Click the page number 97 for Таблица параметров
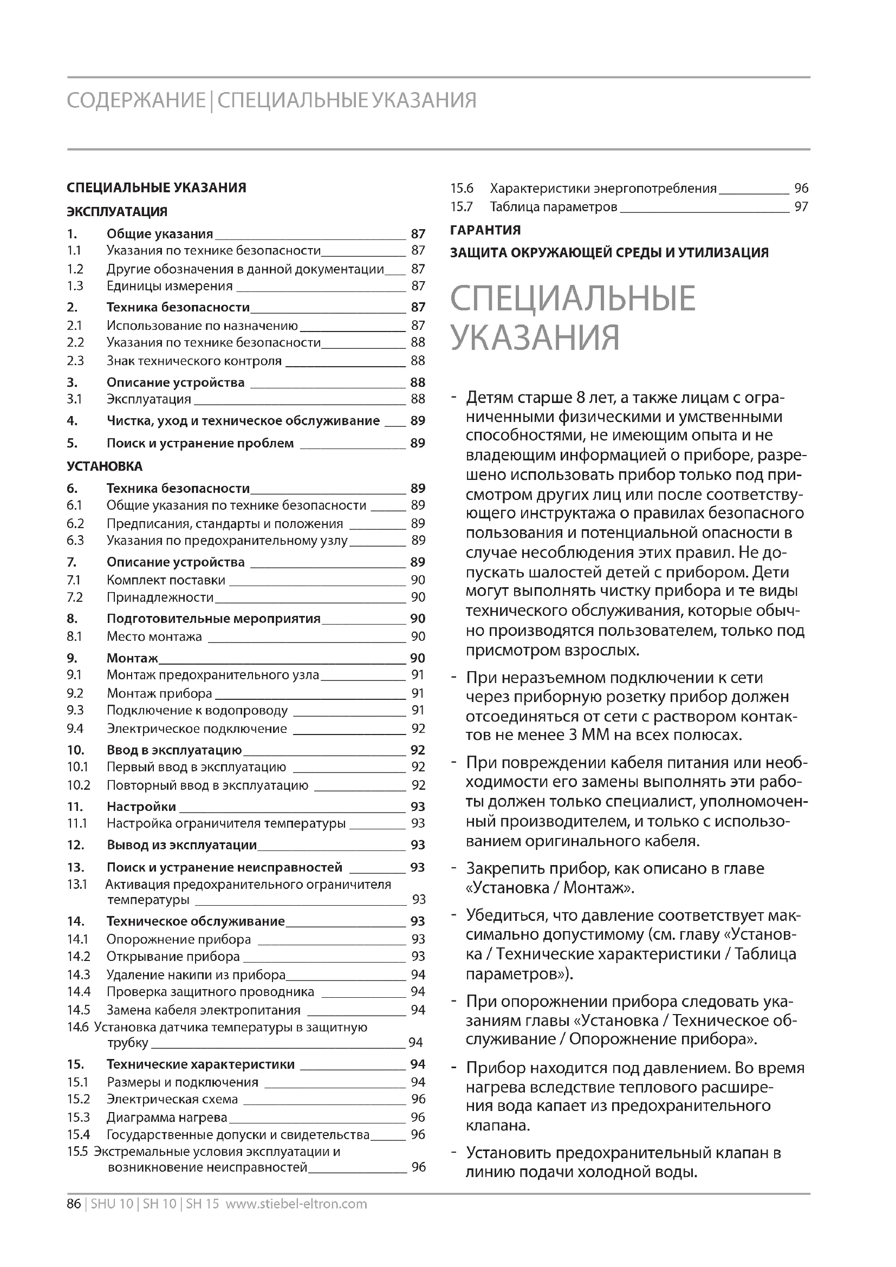(x=801, y=207)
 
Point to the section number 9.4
(x=75, y=729)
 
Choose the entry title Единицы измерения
(x=170, y=286)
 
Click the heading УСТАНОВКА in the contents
(x=105, y=466)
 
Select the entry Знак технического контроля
(x=194, y=361)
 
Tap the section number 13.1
(x=77, y=885)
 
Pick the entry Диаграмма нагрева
(x=167, y=1117)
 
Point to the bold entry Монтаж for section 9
(x=132, y=658)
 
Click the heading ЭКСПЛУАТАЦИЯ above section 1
(x=117, y=212)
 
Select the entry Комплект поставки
(x=166, y=580)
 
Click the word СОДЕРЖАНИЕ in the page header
(x=136, y=101)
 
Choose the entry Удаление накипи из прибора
(x=196, y=974)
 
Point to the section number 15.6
(x=462, y=189)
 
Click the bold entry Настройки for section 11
(x=141, y=807)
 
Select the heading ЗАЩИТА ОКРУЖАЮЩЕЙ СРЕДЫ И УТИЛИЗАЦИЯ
(x=609, y=253)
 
